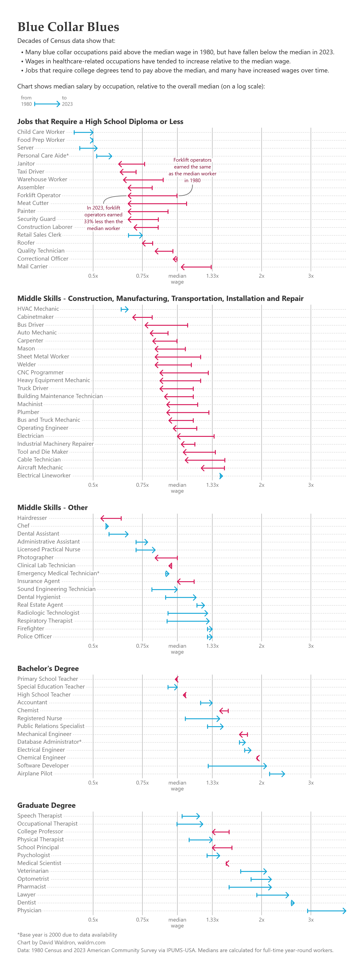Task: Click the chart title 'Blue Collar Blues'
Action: [68, 27]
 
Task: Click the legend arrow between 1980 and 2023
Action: [47, 104]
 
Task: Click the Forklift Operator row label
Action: [39, 195]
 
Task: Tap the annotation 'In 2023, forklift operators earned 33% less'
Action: [103, 218]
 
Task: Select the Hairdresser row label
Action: [32, 518]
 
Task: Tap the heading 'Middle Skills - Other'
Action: [52, 508]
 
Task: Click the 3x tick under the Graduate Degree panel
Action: [311, 920]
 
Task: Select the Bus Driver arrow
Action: [166, 325]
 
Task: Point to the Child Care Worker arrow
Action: [83, 132]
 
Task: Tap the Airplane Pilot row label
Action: [35, 773]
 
